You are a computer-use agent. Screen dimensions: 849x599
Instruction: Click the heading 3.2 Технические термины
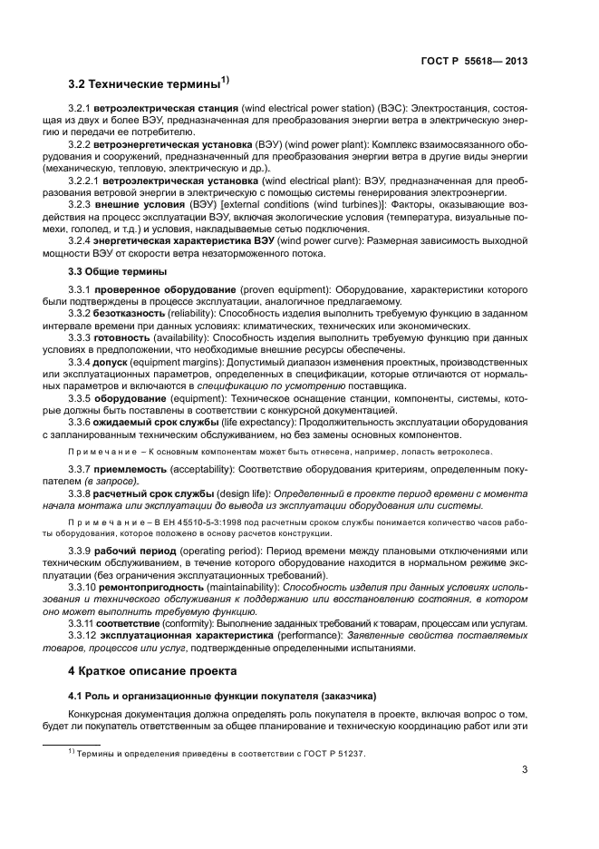pyautogui.click(x=145, y=86)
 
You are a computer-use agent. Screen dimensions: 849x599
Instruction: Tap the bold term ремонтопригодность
pyautogui.click(x=158, y=588)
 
